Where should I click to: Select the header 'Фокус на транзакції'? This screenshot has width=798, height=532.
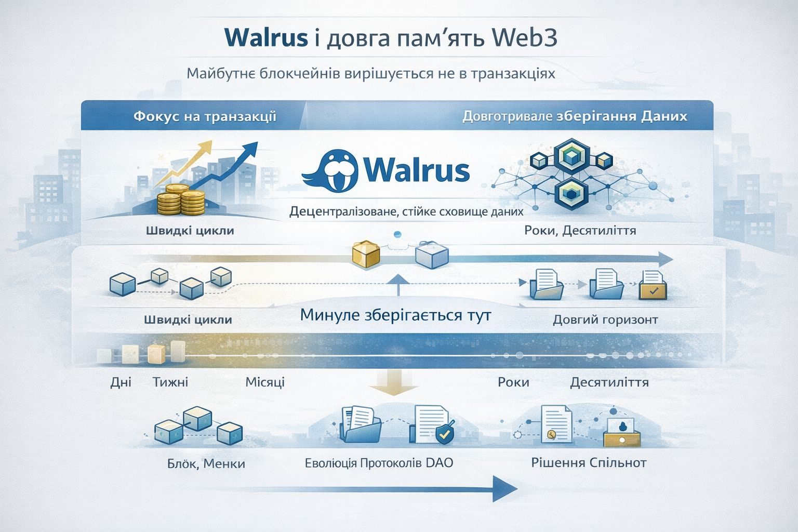click(x=205, y=116)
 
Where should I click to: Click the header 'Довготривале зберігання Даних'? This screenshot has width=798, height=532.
click(x=575, y=116)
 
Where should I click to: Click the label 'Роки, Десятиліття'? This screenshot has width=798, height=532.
click(x=580, y=230)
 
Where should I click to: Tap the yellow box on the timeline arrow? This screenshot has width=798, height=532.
click(x=366, y=255)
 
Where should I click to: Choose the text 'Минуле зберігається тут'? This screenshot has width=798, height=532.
click(x=395, y=315)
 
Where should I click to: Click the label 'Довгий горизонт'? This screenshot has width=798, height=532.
click(x=605, y=319)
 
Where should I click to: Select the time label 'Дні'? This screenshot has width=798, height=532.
click(x=121, y=382)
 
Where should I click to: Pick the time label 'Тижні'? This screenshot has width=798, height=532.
click(x=170, y=382)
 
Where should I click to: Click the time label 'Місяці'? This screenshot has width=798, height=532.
click(x=265, y=382)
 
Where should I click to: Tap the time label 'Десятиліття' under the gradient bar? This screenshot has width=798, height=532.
click(x=609, y=382)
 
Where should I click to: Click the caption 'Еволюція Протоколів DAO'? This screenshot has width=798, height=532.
click(x=379, y=462)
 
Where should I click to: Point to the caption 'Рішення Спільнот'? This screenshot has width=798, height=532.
click(x=589, y=462)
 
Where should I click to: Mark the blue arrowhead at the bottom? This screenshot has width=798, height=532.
click(x=504, y=488)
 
